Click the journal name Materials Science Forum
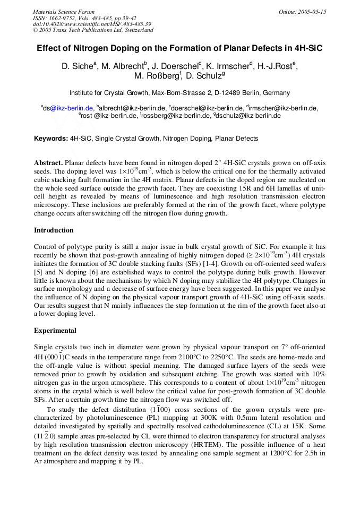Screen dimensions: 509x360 coord(64,12)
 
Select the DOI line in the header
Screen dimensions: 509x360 coord(92,24)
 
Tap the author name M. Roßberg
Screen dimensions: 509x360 coord(158,76)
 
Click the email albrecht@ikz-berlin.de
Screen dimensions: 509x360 coord(132,108)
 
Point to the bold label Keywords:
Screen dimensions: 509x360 coord(51,139)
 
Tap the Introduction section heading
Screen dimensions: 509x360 coord(54,230)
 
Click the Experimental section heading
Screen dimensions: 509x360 coord(55,331)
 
